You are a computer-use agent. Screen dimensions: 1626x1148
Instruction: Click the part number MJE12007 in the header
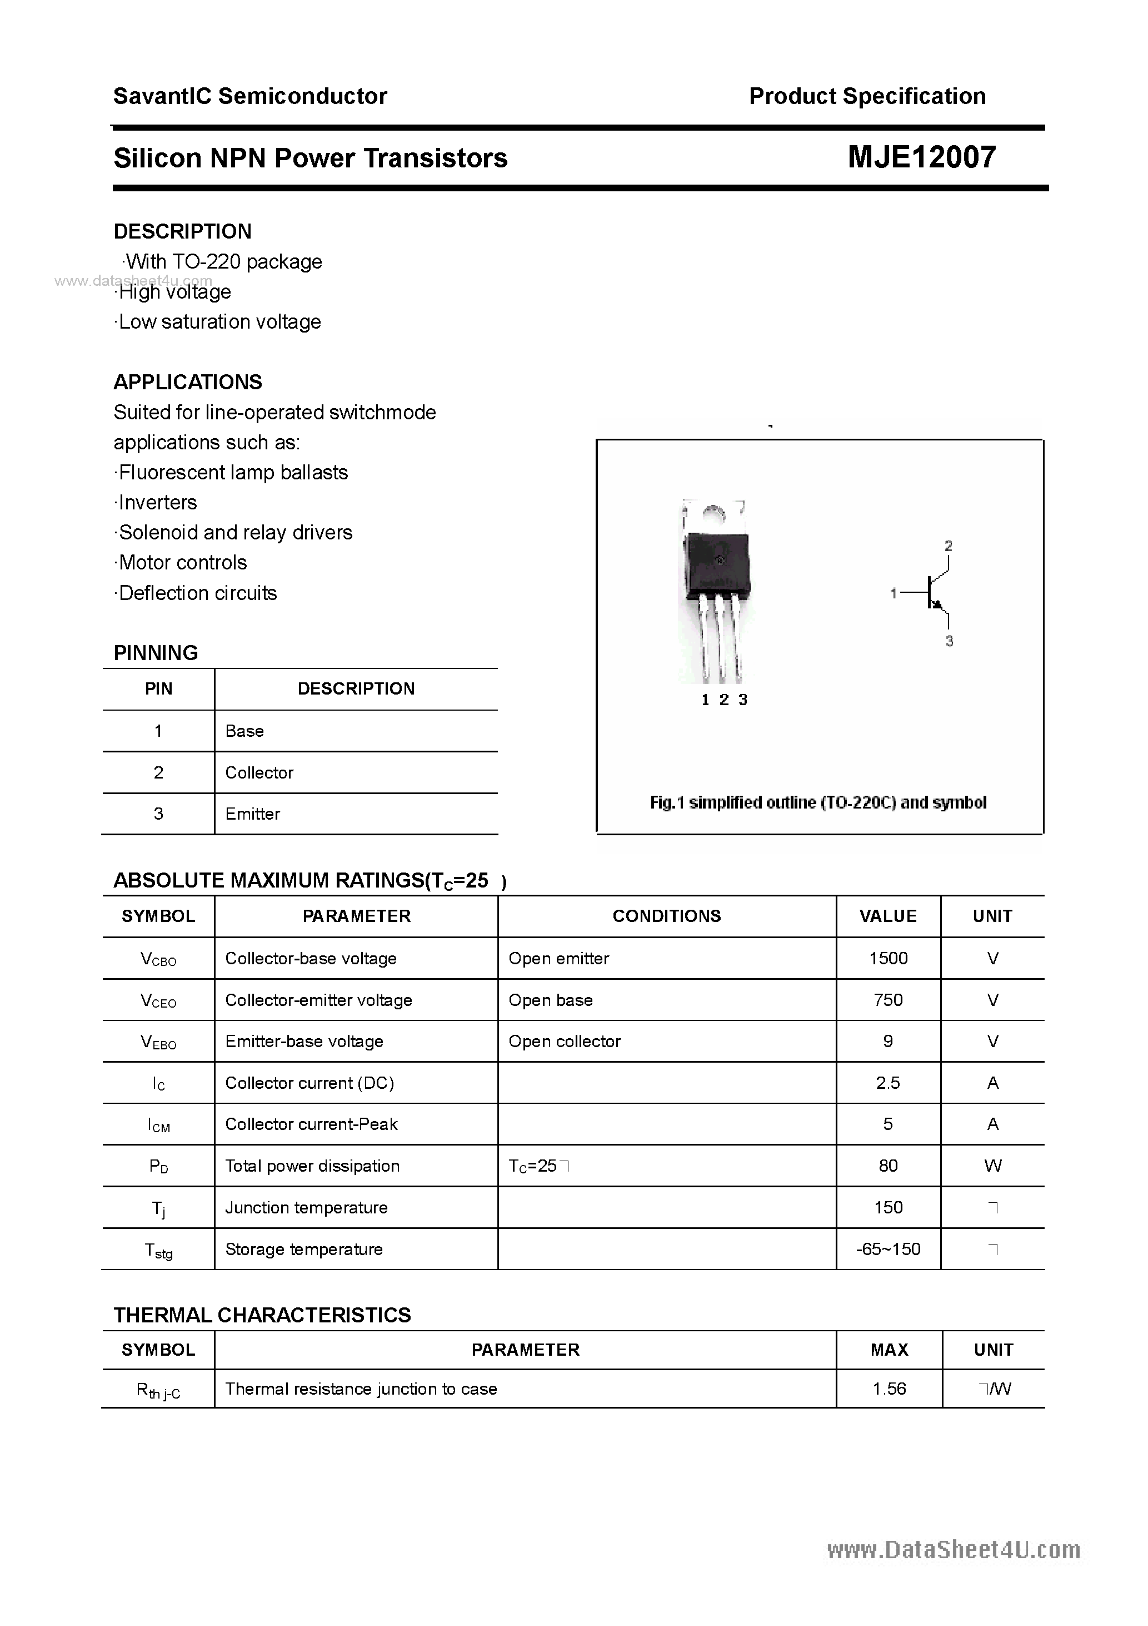(921, 157)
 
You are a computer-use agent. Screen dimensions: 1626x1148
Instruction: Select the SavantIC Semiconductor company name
(250, 96)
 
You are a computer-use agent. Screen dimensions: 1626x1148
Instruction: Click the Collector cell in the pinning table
(259, 772)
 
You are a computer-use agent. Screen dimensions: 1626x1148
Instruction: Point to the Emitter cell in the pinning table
(253, 814)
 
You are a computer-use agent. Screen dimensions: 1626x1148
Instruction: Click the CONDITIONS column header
(666, 916)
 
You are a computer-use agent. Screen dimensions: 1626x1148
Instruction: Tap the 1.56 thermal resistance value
(889, 1389)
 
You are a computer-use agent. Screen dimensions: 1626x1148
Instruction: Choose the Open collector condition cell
(564, 1041)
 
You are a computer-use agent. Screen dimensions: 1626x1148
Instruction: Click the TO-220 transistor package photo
(716, 588)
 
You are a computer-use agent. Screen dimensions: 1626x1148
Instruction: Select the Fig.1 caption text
(817, 802)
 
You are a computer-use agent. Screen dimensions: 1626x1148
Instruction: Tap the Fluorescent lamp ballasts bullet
(232, 472)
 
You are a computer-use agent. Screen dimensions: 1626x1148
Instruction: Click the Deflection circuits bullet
(197, 593)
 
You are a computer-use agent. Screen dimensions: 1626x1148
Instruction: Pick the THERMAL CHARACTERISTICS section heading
(262, 1315)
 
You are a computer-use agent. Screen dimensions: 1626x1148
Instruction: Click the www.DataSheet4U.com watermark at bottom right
(954, 1550)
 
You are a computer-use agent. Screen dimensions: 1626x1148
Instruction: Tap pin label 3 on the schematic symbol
(949, 641)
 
